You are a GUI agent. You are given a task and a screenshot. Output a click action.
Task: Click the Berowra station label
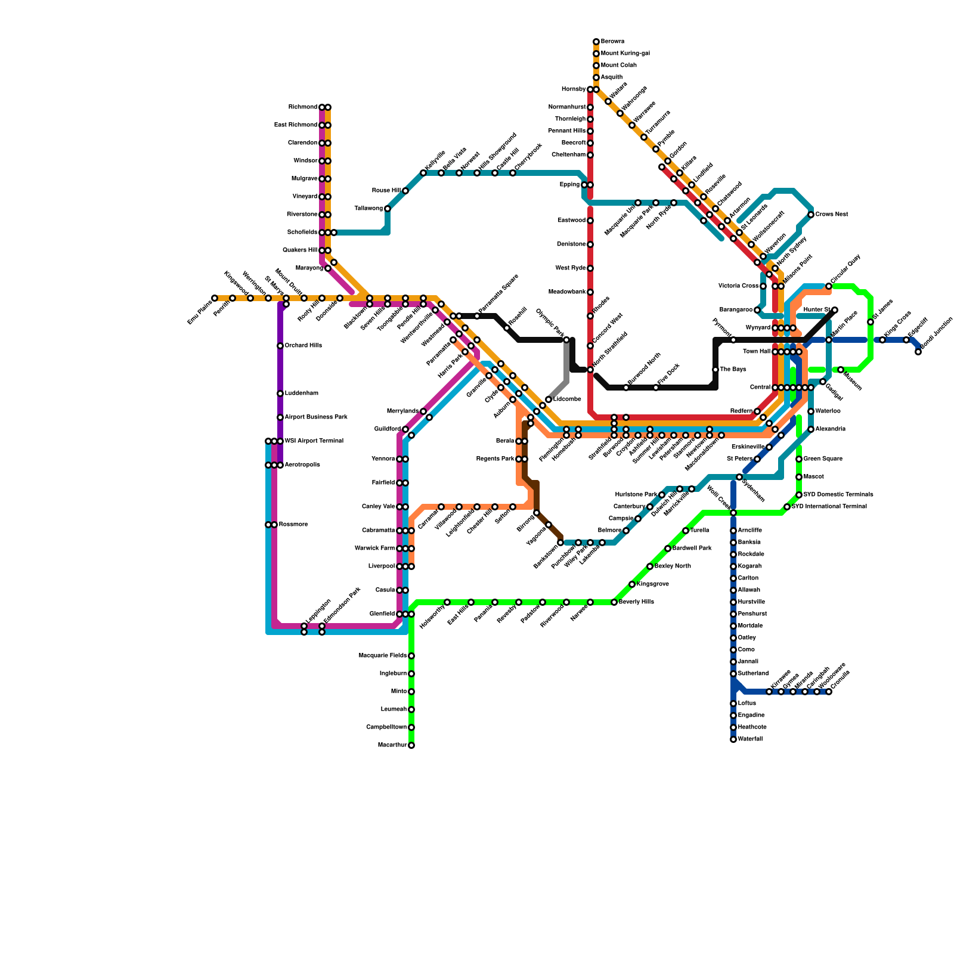[x=612, y=42]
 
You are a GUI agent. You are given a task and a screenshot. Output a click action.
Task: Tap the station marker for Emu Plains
[x=215, y=298]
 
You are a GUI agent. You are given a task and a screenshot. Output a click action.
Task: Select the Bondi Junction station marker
[x=918, y=352]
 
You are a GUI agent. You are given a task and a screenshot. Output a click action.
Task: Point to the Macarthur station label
[x=392, y=745]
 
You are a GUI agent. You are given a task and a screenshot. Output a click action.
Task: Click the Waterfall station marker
[x=733, y=739]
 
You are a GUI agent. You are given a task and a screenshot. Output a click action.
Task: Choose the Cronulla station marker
[x=829, y=692]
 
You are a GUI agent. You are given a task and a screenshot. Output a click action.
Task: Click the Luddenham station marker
[x=280, y=394]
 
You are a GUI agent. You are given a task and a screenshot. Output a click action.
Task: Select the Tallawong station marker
[x=388, y=209]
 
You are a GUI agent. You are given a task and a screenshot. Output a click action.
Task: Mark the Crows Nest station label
[x=832, y=215]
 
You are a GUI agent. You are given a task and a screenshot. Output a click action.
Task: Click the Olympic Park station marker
[x=566, y=340]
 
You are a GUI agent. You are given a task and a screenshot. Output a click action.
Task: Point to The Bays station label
[x=733, y=370]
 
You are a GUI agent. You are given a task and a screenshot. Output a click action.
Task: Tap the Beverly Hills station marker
[x=614, y=602]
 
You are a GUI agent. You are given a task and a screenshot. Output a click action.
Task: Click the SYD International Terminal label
[x=829, y=507]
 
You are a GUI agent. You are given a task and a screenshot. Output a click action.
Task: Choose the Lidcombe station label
[x=567, y=399]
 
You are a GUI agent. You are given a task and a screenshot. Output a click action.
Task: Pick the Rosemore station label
[x=293, y=525]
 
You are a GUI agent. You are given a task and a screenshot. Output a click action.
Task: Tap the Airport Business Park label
[x=316, y=417]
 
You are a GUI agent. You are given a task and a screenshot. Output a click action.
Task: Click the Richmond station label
[x=303, y=107]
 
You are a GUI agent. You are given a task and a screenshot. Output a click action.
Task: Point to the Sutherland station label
[x=753, y=674]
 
